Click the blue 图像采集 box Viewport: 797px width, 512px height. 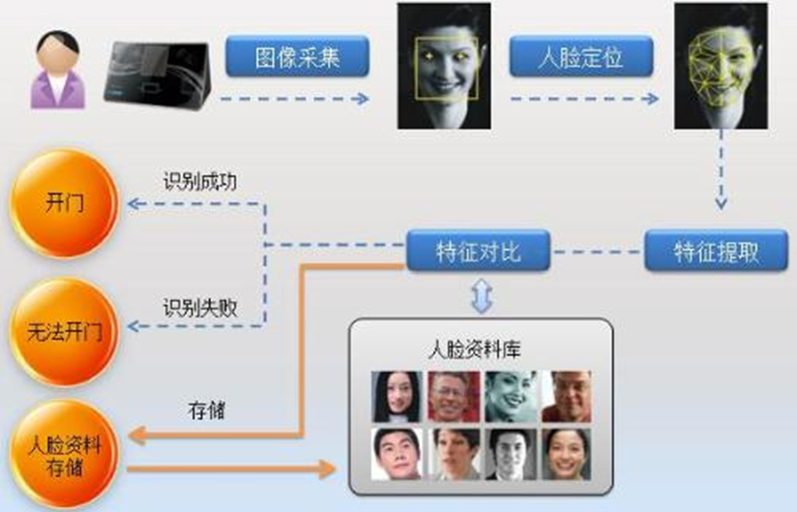298,57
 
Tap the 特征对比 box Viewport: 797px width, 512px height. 478,253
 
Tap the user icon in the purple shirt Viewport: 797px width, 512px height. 58,69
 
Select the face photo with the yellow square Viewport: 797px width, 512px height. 444,66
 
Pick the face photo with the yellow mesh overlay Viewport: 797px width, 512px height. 721,66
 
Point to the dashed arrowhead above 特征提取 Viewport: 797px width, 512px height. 721,204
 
